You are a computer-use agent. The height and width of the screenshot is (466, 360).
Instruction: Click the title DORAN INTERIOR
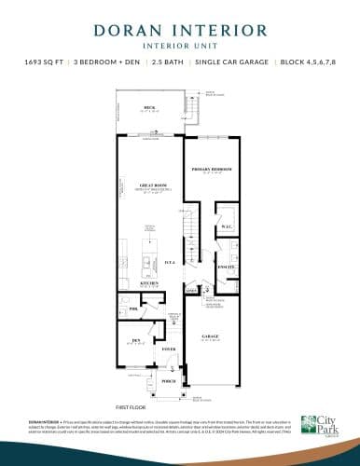coord(180,29)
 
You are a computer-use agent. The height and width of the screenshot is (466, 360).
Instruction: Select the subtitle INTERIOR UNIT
coord(180,45)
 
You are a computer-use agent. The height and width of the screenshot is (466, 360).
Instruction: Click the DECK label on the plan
coord(149,107)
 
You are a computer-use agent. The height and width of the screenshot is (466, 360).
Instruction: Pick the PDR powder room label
coord(134,307)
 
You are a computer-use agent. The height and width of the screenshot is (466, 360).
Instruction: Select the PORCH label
coord(169,381)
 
